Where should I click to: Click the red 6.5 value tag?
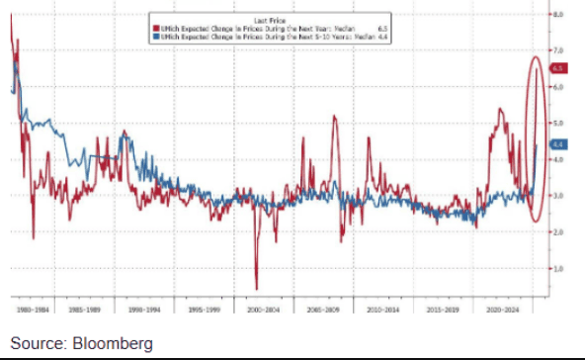(x=556, y=68)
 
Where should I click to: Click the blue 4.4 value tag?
(x=556, y=144)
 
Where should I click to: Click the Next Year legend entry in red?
(x=253, y=29)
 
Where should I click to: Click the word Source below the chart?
(x=37, y=343)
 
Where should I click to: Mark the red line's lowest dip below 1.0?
(x=256, y=288)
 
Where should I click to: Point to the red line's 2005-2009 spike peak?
(x=334, y=117)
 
